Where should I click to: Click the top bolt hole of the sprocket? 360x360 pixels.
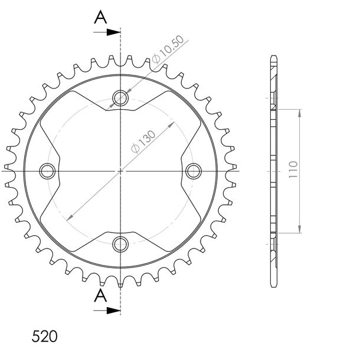pos(120,99)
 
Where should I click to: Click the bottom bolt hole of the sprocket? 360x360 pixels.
pos(120,244)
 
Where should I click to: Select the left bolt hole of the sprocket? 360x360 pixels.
pos(47,171)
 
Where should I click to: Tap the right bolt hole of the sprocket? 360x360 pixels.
pos(194,171)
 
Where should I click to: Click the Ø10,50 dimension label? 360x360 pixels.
pos(168,50)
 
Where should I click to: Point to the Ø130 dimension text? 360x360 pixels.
pos(143,142)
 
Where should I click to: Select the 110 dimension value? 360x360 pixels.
pos(293,169)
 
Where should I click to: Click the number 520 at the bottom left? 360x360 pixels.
pos(44,336)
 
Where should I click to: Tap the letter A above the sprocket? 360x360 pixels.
pos(100,17)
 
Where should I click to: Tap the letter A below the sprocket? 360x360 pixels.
pos(100,296)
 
